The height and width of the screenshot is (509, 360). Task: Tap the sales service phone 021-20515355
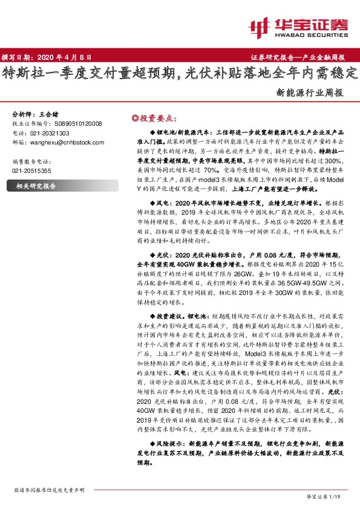coord(31,171)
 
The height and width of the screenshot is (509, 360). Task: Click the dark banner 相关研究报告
coord(36,187)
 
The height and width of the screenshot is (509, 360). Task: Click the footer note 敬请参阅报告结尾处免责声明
coord(47,490)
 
